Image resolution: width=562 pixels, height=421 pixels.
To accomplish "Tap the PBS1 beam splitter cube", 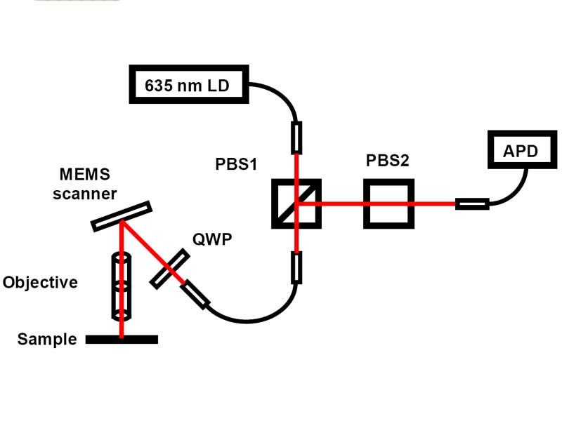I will coord(296,203).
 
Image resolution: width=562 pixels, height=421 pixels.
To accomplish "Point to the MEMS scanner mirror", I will coord(122,217).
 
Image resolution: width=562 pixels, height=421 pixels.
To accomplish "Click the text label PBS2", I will coord(388,160).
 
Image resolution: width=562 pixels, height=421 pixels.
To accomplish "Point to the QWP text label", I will coord(211,239).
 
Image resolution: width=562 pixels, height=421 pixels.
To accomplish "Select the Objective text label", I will coord(40,283).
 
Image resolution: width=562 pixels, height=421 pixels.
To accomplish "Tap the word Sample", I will coord(47,340).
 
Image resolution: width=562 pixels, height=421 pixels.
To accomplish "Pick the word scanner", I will coord(84,193).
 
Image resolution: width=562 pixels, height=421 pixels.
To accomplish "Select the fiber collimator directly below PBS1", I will coord(296,267).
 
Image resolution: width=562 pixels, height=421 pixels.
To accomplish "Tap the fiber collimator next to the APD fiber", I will coord(471,204).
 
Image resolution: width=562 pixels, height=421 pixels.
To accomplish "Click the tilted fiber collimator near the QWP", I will coord(196,295).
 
